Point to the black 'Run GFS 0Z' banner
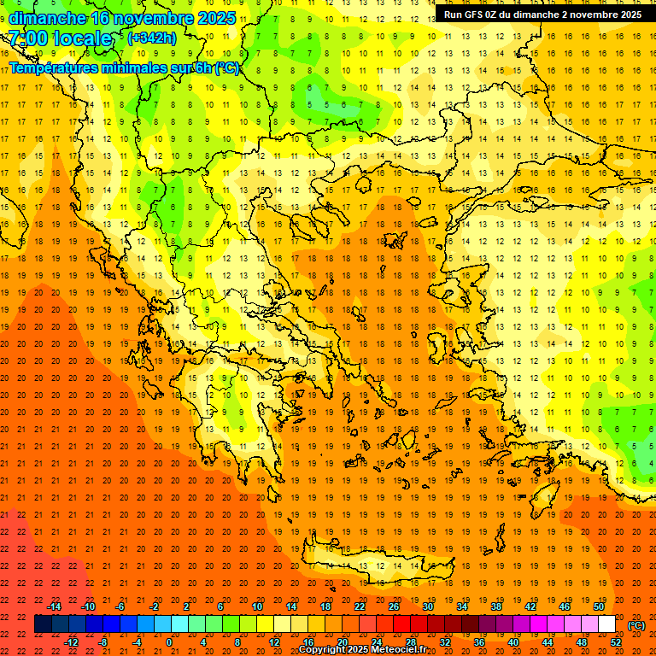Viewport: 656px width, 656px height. pos(542,15)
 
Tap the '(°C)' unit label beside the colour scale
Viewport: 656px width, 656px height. pos(636,625)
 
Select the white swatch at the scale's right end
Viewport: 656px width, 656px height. pos(607,624)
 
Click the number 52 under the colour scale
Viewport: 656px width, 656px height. pos(616,641)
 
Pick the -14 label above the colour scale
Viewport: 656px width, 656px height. pos(54,606)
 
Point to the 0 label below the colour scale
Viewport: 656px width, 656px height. pos(169,641)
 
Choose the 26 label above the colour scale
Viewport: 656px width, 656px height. pos(394,606)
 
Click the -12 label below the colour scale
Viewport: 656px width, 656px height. pos(71,641)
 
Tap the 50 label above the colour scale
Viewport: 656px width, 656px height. pos(598,606)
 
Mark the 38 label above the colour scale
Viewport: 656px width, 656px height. pos(495,606)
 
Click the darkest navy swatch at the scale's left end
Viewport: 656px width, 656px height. pos(44,624)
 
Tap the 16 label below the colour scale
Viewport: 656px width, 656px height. pos(308,641)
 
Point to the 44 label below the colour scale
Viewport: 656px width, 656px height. pos(548,641)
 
